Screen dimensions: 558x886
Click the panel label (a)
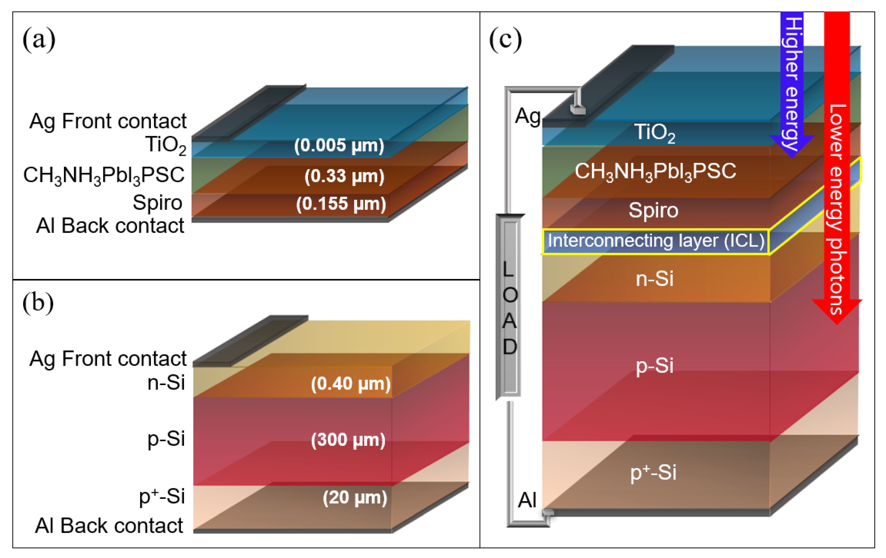(x=39, y=39)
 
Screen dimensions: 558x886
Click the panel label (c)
(x=505, y=39)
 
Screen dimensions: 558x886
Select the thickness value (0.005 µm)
(x=339, y=146)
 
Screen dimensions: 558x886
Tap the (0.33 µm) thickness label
(x=344, y=176)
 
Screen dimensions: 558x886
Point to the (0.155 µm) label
(x=341, y=204)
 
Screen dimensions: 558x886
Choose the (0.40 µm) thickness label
(x=351, y=384)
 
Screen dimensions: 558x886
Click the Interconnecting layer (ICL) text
(x=656, y=241)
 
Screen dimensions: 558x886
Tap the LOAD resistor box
(x=510, y=307)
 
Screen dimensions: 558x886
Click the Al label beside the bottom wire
(x=527, y=500)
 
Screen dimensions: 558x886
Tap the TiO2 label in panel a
(x=166, y=145)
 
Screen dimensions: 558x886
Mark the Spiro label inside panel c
(x=653, y=211)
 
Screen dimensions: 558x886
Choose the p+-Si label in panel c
(x=653, y=473)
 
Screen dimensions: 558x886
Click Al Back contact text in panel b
(x=109, y=526)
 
